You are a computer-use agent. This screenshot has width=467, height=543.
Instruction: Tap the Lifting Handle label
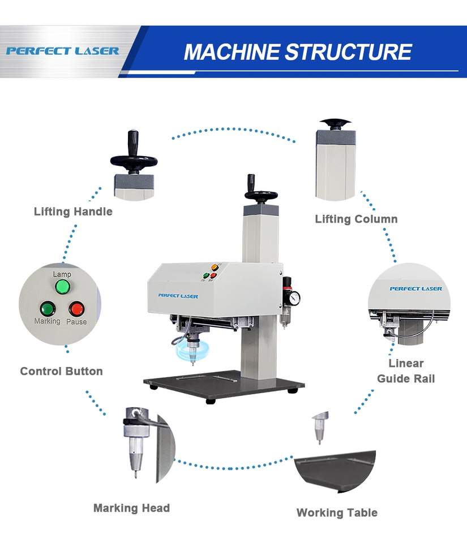pyautogui.click(x=73, y=212)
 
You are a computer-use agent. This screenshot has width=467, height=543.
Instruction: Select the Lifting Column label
pyautogui.click(x=356, y=219)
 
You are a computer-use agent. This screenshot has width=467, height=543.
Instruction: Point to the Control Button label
pyautogui.click(x=61, y=372)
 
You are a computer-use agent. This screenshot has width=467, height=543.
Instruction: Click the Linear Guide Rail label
pyautogui.click(x=406, y=371)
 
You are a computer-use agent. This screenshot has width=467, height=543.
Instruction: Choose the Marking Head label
pyautogui.click(x=131, y=508)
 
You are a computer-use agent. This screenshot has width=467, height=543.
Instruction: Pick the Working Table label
pyautogui.click(x=337, y=513)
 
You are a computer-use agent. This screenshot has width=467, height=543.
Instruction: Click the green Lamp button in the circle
pyautogui.click(x=62, y=287)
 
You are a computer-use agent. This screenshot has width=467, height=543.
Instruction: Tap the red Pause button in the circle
pyautogui.click(x=76, y=309)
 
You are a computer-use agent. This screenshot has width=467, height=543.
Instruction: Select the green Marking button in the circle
pyautogui.click(x=46, y=309)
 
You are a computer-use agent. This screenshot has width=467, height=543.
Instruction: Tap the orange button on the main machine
pyautogui.click(x=215, y=267)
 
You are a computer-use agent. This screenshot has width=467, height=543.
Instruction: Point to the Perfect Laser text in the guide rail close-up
pyautogui.click(x=415, y=289)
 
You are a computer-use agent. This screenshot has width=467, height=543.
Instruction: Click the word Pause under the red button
pyautogui.click(x=76, y=322)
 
